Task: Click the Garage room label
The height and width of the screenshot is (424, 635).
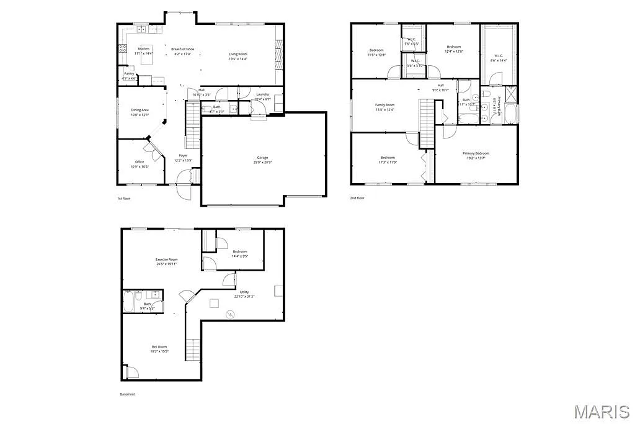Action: tap(263, 158)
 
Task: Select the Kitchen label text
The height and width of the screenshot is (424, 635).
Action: tap(144, 48)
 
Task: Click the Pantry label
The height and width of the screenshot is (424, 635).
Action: tap(129, 74)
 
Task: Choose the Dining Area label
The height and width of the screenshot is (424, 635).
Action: tap(140, 110)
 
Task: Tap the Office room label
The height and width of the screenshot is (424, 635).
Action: tap(140, 162)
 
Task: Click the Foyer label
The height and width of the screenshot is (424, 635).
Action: tap(184, 155)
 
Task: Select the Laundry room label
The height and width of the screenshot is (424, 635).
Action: tap(262, 94)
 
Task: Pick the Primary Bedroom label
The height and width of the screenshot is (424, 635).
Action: tap(476, 153)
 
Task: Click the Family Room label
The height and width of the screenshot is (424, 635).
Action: tap(384, 105)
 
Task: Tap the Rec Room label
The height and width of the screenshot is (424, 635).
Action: tap(159, 346)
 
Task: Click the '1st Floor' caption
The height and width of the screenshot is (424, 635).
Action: tap(124, 198)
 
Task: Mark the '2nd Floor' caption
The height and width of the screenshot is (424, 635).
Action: tap(357, 198)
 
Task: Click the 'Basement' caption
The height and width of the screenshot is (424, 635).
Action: tap(127, 394)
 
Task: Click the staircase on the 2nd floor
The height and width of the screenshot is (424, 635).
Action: tap(427, 122)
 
